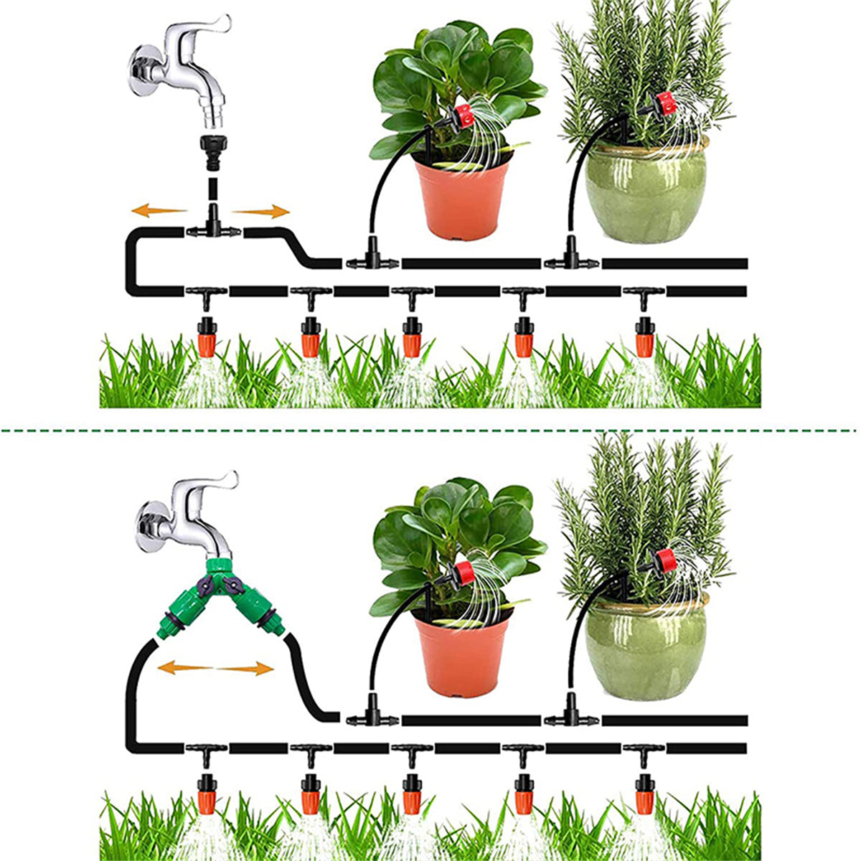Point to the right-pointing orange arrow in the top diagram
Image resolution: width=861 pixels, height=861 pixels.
point(262,211)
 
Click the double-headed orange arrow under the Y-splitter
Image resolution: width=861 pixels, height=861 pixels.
point(215,669)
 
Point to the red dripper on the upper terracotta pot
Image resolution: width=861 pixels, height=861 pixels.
point(464,115)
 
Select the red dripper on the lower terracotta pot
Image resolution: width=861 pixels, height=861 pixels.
point(463,572)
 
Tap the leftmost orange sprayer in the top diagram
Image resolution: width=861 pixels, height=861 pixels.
point(207,337)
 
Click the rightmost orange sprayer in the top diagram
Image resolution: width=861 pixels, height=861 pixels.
point(645,337)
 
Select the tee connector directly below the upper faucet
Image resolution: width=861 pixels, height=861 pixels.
point(213,228)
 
